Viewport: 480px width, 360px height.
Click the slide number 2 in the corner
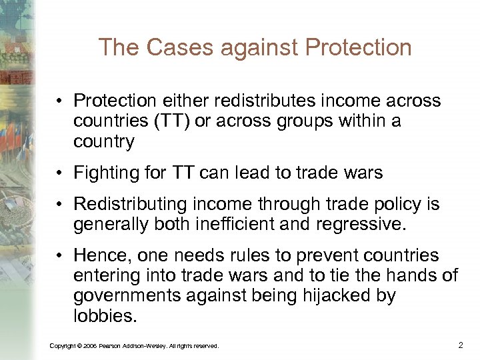coord(460,345)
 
